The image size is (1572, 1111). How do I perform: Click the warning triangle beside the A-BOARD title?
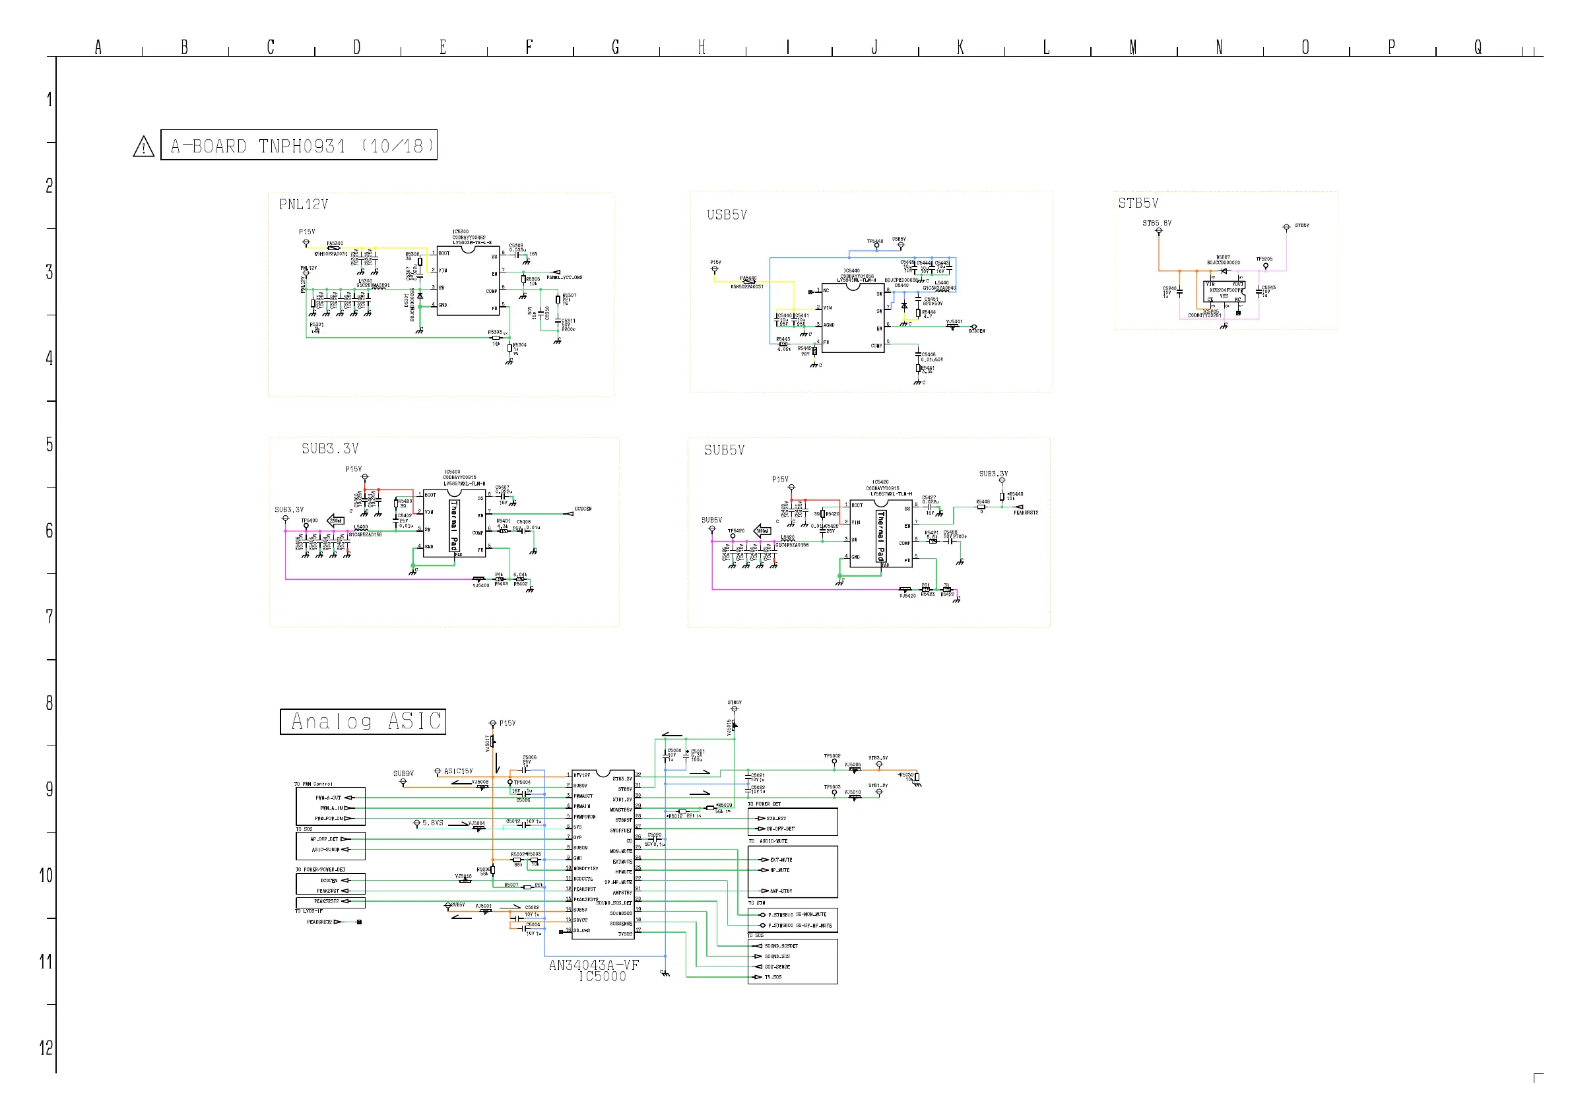(x=143, y=146)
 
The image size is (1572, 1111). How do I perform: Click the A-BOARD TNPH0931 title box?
(x=298, y=145)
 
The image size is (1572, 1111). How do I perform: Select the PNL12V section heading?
(x=304, y=205)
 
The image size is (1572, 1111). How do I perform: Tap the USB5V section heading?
(x=727, y=215)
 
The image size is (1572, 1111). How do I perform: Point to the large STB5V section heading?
(x=1138, y=203)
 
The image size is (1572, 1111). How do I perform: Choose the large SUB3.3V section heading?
(x=330, y=449)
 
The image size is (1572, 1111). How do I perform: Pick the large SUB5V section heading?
(x=725, y=451)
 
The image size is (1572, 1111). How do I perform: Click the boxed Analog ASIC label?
(x=363, y=722)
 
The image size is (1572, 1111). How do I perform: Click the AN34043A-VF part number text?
(x=593, y=965)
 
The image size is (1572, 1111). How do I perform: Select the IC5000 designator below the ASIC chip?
(x=602, y=977)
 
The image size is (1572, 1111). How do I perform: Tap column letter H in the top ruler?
(x=702, y=48)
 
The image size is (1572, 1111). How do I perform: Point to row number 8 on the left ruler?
(x=49, y=703)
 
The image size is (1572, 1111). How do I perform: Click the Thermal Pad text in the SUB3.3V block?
(x=453, y=526)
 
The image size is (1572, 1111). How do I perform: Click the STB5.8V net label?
(x=1156, y=223)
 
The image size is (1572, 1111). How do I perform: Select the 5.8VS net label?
(x=433, y=823)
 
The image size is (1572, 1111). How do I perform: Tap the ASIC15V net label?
(x=458, y=771)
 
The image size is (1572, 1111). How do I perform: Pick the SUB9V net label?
(x=403, y=773)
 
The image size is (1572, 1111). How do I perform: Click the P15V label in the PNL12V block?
(x=307, y=232)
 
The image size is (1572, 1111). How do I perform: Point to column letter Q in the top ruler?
(x=1478, y=48)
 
